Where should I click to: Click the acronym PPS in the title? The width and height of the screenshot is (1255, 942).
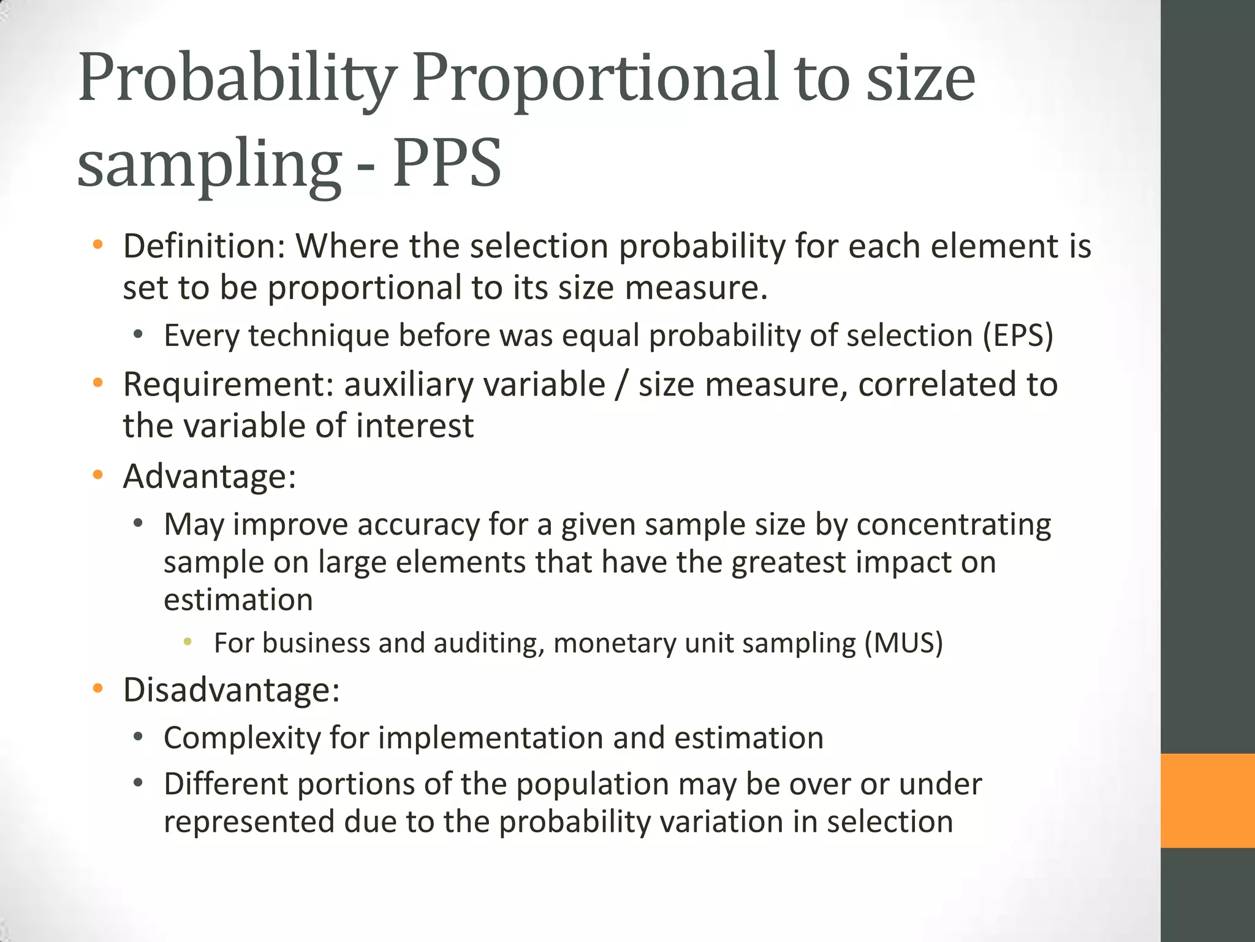(447, 163)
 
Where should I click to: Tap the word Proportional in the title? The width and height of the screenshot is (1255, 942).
(594, 78)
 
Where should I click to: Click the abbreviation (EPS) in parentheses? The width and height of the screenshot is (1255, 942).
(1018, 335)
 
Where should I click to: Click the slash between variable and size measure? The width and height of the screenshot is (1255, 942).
(622, 385)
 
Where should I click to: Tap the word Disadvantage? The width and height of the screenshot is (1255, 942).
(231, 690)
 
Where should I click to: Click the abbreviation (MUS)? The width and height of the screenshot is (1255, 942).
(903, 643)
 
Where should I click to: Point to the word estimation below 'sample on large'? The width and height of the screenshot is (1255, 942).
(238, 599)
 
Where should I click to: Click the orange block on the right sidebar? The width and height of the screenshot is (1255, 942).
(1207, 800)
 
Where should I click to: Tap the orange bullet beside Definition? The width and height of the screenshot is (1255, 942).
(97, 246)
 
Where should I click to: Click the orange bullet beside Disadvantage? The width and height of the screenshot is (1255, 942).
(97, 689)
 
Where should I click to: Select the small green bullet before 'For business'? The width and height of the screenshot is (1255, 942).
(188, 642)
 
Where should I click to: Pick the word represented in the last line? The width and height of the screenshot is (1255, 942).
(249, 822)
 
